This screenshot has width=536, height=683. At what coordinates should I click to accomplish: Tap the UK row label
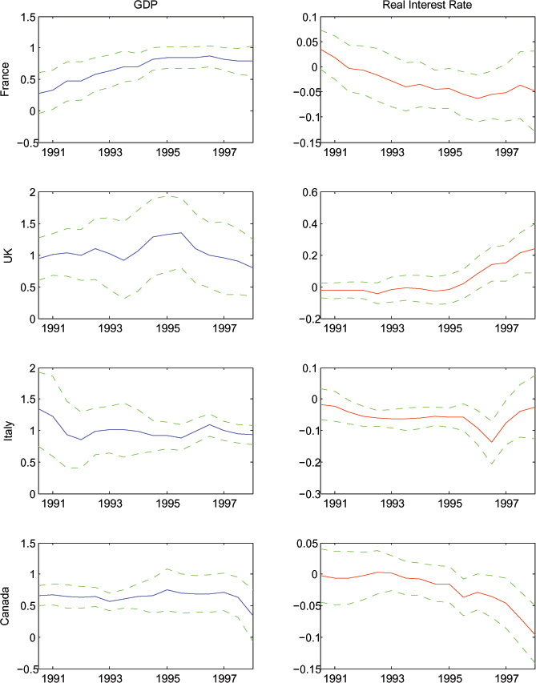(7, 255)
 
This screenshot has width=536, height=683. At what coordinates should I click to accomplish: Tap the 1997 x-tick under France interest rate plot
(506, 152)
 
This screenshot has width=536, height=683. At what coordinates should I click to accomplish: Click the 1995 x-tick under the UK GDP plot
(167, 328)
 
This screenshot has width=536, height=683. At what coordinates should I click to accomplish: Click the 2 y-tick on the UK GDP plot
(31, 192)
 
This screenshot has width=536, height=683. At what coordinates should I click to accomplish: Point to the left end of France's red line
(320, 49)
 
